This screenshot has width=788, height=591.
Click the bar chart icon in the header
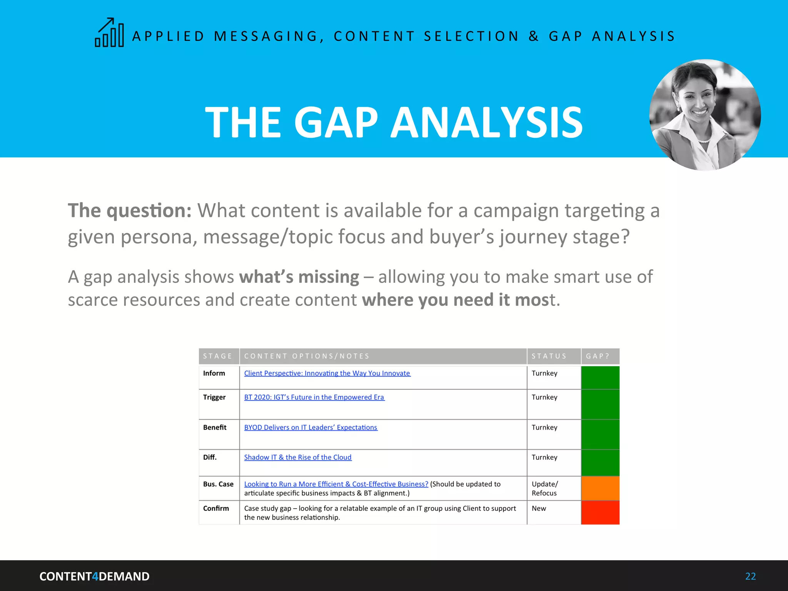click(x=110, y=33)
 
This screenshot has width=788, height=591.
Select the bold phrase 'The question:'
click(x=130, y=211)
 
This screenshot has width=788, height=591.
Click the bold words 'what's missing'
click(x=299, y=277)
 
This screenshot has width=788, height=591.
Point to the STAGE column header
click(x=218, y=356)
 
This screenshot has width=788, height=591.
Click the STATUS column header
click(x=549, y=356)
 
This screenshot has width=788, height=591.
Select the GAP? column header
click(x=598, y=356)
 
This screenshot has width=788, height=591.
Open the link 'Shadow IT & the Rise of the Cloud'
click(x=298, y=457)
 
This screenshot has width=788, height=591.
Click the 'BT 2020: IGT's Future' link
click(x=314, y=397)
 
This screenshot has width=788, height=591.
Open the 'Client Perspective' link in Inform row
click(x=327, y=373)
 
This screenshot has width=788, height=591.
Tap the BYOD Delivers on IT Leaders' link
click(x=311, y=427)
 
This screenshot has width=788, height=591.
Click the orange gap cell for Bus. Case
click(x=600, y=488)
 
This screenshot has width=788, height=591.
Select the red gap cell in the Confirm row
click(x=600, y=513)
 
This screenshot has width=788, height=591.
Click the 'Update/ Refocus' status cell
click(x=544, y=488)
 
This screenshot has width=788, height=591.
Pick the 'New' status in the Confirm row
click(x=539, y=508)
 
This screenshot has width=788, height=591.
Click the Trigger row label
click(x=214, y=397)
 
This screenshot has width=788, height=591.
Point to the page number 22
click(x=750, y=576)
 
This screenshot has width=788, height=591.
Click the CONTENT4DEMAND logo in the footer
click(x=94, y=576)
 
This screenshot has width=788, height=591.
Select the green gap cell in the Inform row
click(x=600, y=377)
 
